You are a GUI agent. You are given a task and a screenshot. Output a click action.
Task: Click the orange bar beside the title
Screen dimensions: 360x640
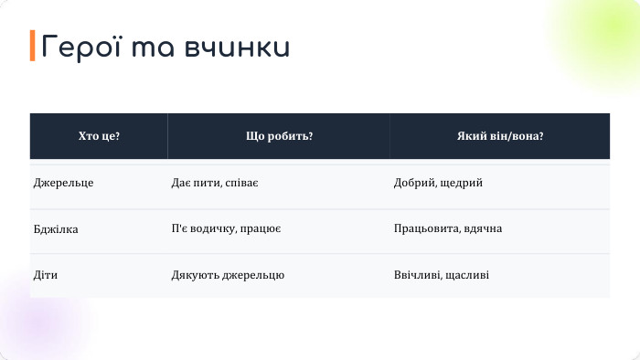click(x=33, y=46)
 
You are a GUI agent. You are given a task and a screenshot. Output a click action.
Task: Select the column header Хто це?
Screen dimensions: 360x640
click(x=99, y=136)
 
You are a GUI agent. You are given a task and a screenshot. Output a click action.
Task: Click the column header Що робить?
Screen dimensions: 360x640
click(x=279, y=136)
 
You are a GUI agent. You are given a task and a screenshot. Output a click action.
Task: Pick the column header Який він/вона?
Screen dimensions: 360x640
click(x=500, y=136)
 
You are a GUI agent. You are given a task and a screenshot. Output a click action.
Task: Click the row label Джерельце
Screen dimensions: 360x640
click(x=64, y=184)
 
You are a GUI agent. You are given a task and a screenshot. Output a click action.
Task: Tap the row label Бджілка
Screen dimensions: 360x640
click(x=56, y=229)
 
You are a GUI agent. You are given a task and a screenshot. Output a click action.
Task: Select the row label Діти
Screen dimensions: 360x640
click(x=47, y=275)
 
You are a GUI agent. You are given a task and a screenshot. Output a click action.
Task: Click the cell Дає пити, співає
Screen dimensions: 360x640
click(x=215, y=184)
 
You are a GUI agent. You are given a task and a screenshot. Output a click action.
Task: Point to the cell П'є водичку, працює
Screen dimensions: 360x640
click(x=226, y=229)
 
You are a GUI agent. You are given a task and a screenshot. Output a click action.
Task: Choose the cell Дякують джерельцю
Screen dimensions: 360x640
click(x=228, y=275)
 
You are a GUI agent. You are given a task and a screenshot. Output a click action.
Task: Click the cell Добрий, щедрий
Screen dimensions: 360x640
click(x=438, y=184)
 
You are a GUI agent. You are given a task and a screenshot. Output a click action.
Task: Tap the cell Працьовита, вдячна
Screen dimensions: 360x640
click(x=448, y=229)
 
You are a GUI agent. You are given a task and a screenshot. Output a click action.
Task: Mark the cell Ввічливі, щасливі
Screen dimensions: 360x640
click(x=441, y=275)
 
